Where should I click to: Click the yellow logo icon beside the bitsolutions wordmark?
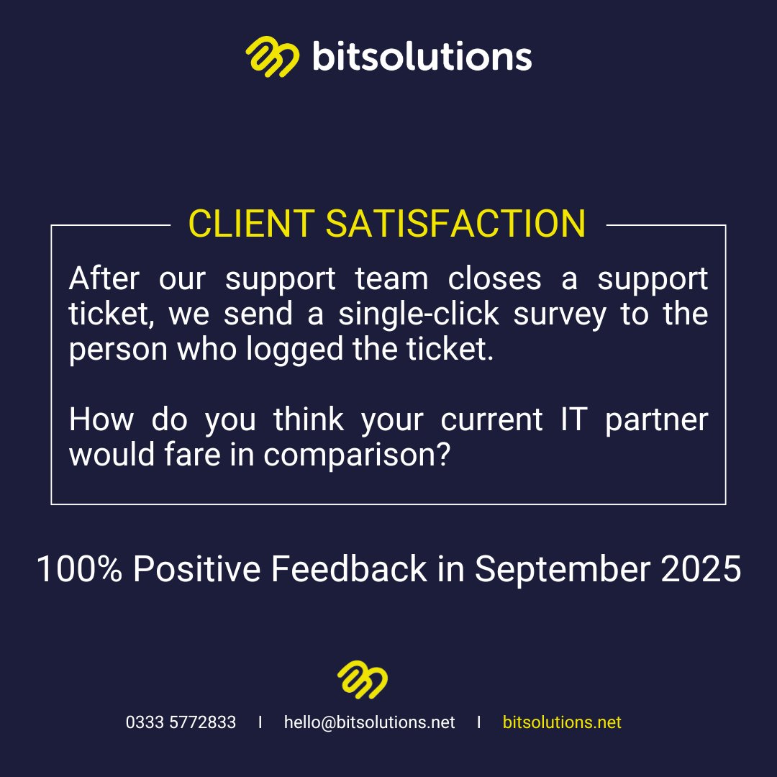click(272, 57)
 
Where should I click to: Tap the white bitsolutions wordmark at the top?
click(422, 56)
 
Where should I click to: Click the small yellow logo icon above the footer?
click(363, 680)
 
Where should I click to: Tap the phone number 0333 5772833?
click(181, 722)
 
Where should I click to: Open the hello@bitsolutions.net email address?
click(369, 722)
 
